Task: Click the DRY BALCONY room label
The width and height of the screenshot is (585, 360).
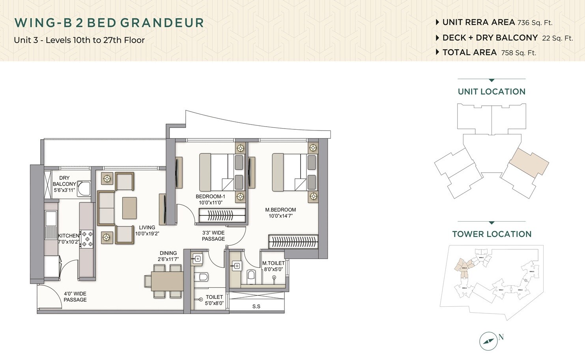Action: click(64, 184)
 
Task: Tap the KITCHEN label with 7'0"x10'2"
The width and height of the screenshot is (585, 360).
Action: click(69, 239)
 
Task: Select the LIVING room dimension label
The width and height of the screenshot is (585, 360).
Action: click(147, 230)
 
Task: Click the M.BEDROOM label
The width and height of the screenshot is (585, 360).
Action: click(280, 213)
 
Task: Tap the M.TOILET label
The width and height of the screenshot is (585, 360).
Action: click(273, 266)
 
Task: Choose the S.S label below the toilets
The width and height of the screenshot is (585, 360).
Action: click(256, 306)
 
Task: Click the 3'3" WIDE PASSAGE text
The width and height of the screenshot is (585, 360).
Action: click(213, 236)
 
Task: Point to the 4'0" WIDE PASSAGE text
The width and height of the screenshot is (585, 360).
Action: click(75, 297)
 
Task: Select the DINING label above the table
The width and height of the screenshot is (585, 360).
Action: click(168, 253)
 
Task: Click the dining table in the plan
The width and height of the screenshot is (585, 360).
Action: click(168, 281)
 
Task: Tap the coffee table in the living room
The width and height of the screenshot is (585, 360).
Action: click(129, 208)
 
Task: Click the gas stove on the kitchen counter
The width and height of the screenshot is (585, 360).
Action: click(87, 239)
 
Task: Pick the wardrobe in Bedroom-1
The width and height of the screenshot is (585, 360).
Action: click(222, 216)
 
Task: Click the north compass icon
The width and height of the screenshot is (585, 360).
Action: click(488, 341)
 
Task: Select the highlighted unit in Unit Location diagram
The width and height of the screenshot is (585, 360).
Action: click(529, 162)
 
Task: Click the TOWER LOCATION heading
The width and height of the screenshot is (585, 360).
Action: click(492, 234)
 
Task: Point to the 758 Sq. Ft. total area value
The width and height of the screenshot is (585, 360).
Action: click(518, 53)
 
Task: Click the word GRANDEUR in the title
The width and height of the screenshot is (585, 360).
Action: click(162, 23)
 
